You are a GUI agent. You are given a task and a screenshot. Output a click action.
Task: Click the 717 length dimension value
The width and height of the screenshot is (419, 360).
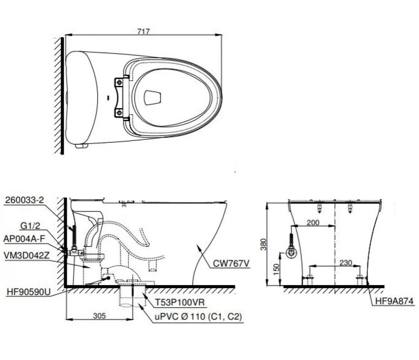tap(143, 31)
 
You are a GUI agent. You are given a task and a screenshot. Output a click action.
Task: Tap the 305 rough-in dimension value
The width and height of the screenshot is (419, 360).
tap(99, 315)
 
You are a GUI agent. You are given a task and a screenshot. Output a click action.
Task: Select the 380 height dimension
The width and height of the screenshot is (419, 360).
tap(264, 244)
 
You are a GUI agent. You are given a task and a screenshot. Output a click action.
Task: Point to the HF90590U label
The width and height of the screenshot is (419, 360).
tap(28, 292)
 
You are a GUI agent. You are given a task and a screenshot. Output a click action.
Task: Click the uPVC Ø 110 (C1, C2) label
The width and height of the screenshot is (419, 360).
tap(198, 317)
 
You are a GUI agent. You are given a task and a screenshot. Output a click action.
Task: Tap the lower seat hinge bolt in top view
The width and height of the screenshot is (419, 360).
tap(119, 112)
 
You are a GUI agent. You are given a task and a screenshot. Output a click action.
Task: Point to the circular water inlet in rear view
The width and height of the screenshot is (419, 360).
tap(292, 253)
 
